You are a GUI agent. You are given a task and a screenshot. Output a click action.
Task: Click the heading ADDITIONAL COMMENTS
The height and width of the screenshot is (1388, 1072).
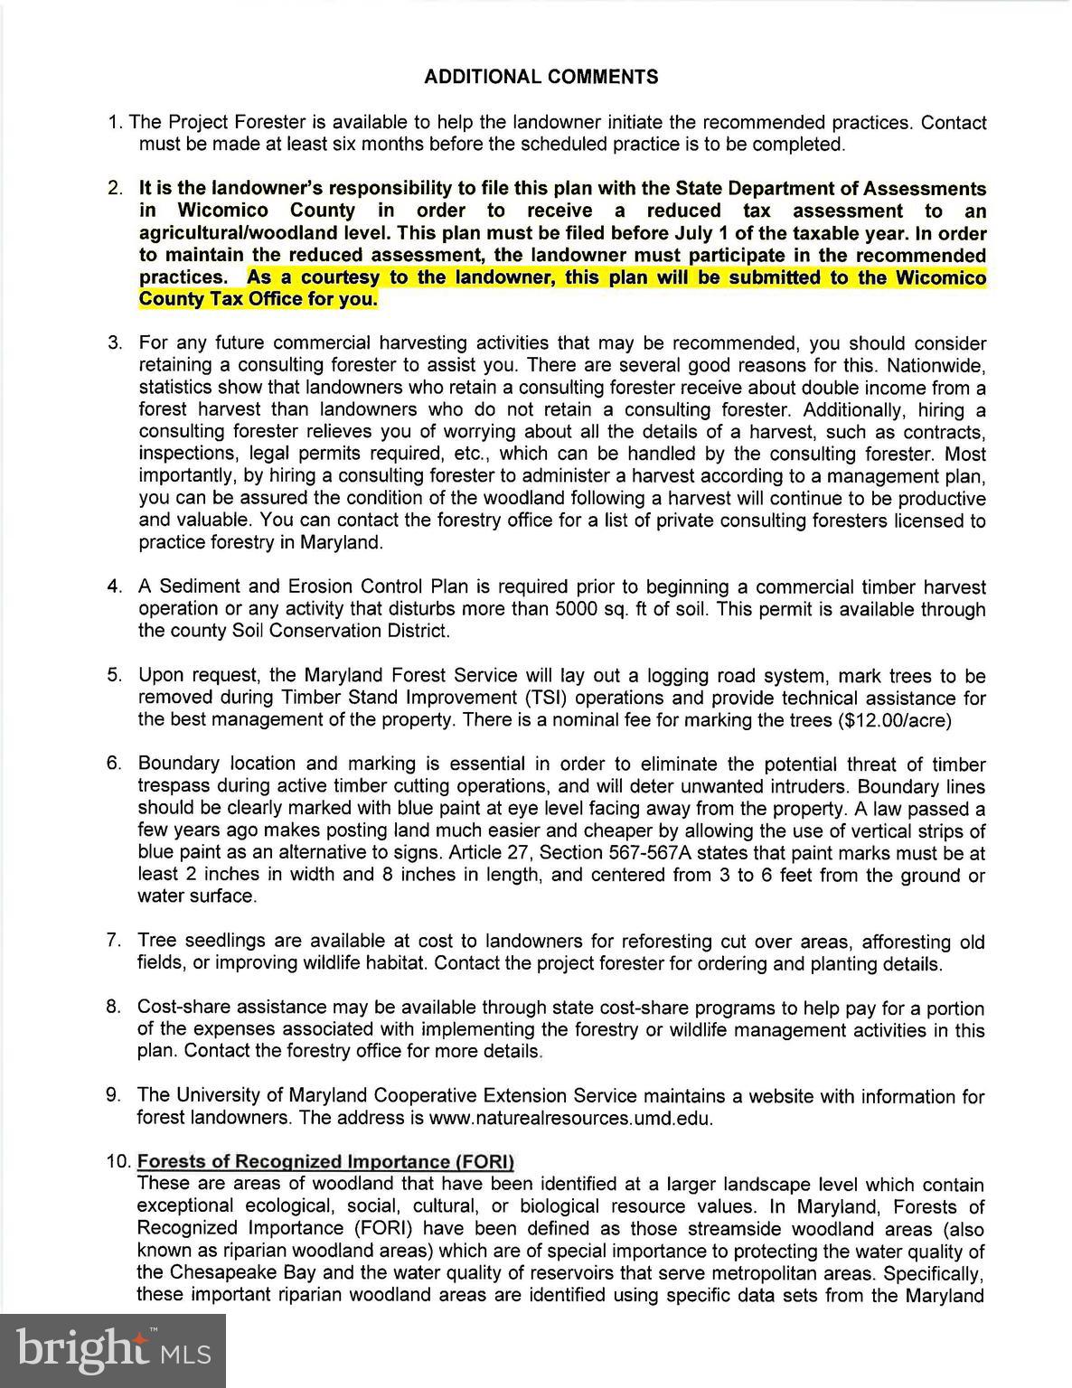(x=541, y=77)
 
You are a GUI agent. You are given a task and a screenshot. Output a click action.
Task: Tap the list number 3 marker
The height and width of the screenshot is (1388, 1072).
(x=114, y=342)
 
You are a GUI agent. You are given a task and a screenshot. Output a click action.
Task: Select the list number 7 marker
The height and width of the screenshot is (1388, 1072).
(x=113, y=941)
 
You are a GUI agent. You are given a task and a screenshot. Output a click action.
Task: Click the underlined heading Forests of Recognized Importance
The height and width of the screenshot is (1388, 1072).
(x=325, y=1161)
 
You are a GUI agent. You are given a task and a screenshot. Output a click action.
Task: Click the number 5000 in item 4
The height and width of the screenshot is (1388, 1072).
(x=561, y=609)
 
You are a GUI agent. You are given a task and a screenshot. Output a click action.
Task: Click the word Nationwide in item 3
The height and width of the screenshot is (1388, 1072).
(x=936, y=365)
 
